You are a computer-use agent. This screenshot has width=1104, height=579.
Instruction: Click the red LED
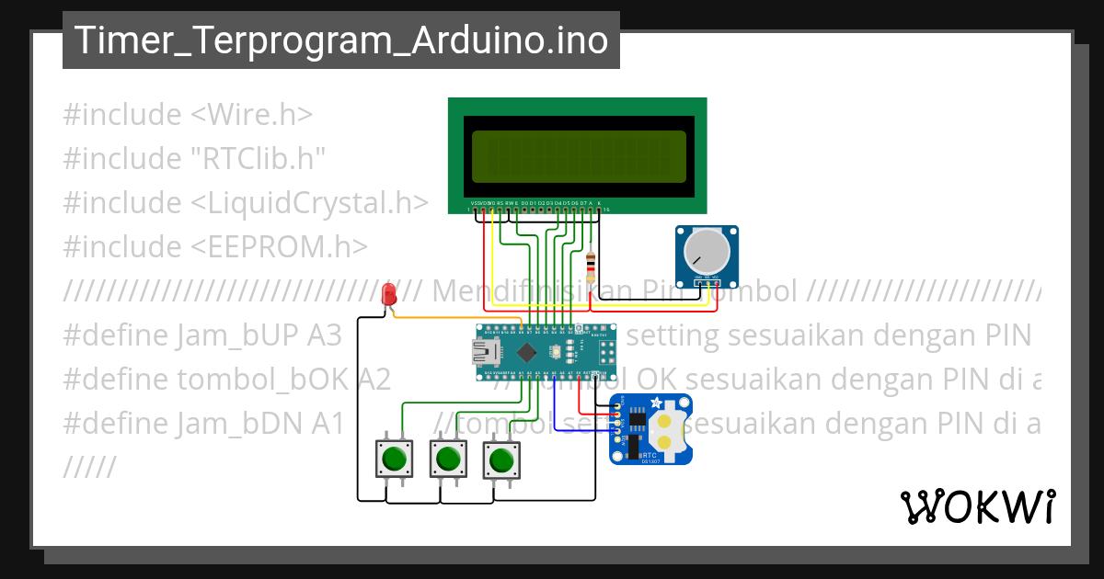[389, 295]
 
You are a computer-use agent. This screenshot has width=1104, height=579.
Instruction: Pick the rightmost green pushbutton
[500, 457]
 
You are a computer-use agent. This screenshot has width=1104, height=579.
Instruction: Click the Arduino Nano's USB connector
[481, 351]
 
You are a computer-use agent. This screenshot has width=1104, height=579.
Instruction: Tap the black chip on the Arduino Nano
[526, 352]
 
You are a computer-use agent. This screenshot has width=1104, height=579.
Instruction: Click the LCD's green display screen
[578, 156]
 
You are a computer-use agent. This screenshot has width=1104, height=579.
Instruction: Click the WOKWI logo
[977, 506]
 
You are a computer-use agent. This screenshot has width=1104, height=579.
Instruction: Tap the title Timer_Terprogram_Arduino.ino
[340, 40]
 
